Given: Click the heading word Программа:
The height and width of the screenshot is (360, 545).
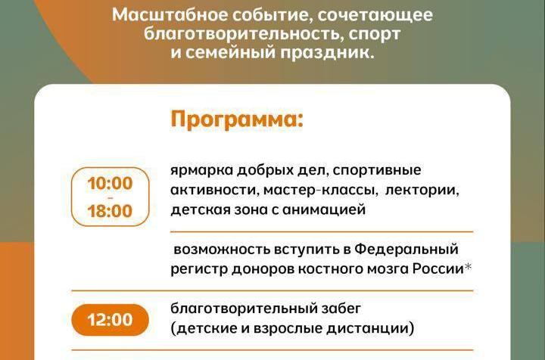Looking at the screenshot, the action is (237, 120).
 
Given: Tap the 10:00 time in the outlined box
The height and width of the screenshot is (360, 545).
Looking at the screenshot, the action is (110, 183).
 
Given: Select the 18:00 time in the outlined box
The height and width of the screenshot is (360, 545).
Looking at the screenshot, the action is (110, 211).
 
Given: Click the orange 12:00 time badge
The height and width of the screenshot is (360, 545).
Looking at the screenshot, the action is (110, 320).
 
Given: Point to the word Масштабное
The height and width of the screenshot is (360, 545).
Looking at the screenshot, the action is (170, 16).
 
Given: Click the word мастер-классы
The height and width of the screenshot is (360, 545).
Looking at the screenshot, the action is (320, 191).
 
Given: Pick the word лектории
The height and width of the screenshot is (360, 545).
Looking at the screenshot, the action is (422, 191).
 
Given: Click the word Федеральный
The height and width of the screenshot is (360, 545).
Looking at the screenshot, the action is (406, 250).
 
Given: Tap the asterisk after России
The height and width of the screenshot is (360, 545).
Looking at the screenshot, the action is (469, 267).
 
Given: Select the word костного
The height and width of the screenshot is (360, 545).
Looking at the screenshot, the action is (329, 269).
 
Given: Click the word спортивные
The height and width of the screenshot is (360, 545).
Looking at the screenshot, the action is (377, 171).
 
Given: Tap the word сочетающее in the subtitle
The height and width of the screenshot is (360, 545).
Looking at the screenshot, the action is (375, 16).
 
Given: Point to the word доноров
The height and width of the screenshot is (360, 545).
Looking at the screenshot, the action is (263, 269).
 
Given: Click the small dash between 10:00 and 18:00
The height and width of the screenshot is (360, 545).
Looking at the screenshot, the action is (111, 197).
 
